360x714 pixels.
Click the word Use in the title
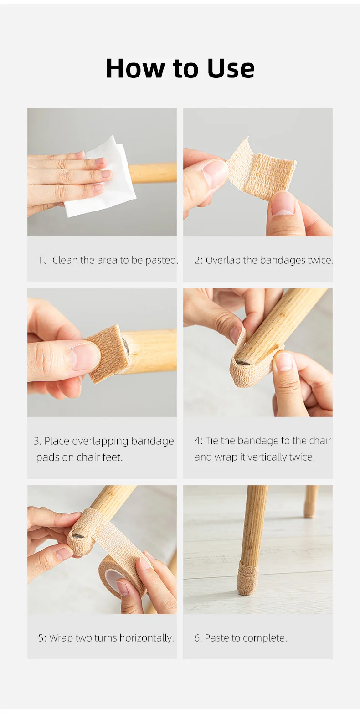231,68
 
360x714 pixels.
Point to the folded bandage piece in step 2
262,169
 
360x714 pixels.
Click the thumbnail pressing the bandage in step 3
86,357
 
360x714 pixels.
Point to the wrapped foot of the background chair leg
309,510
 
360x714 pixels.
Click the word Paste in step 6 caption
217,638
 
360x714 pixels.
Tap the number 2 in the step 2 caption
197,261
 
